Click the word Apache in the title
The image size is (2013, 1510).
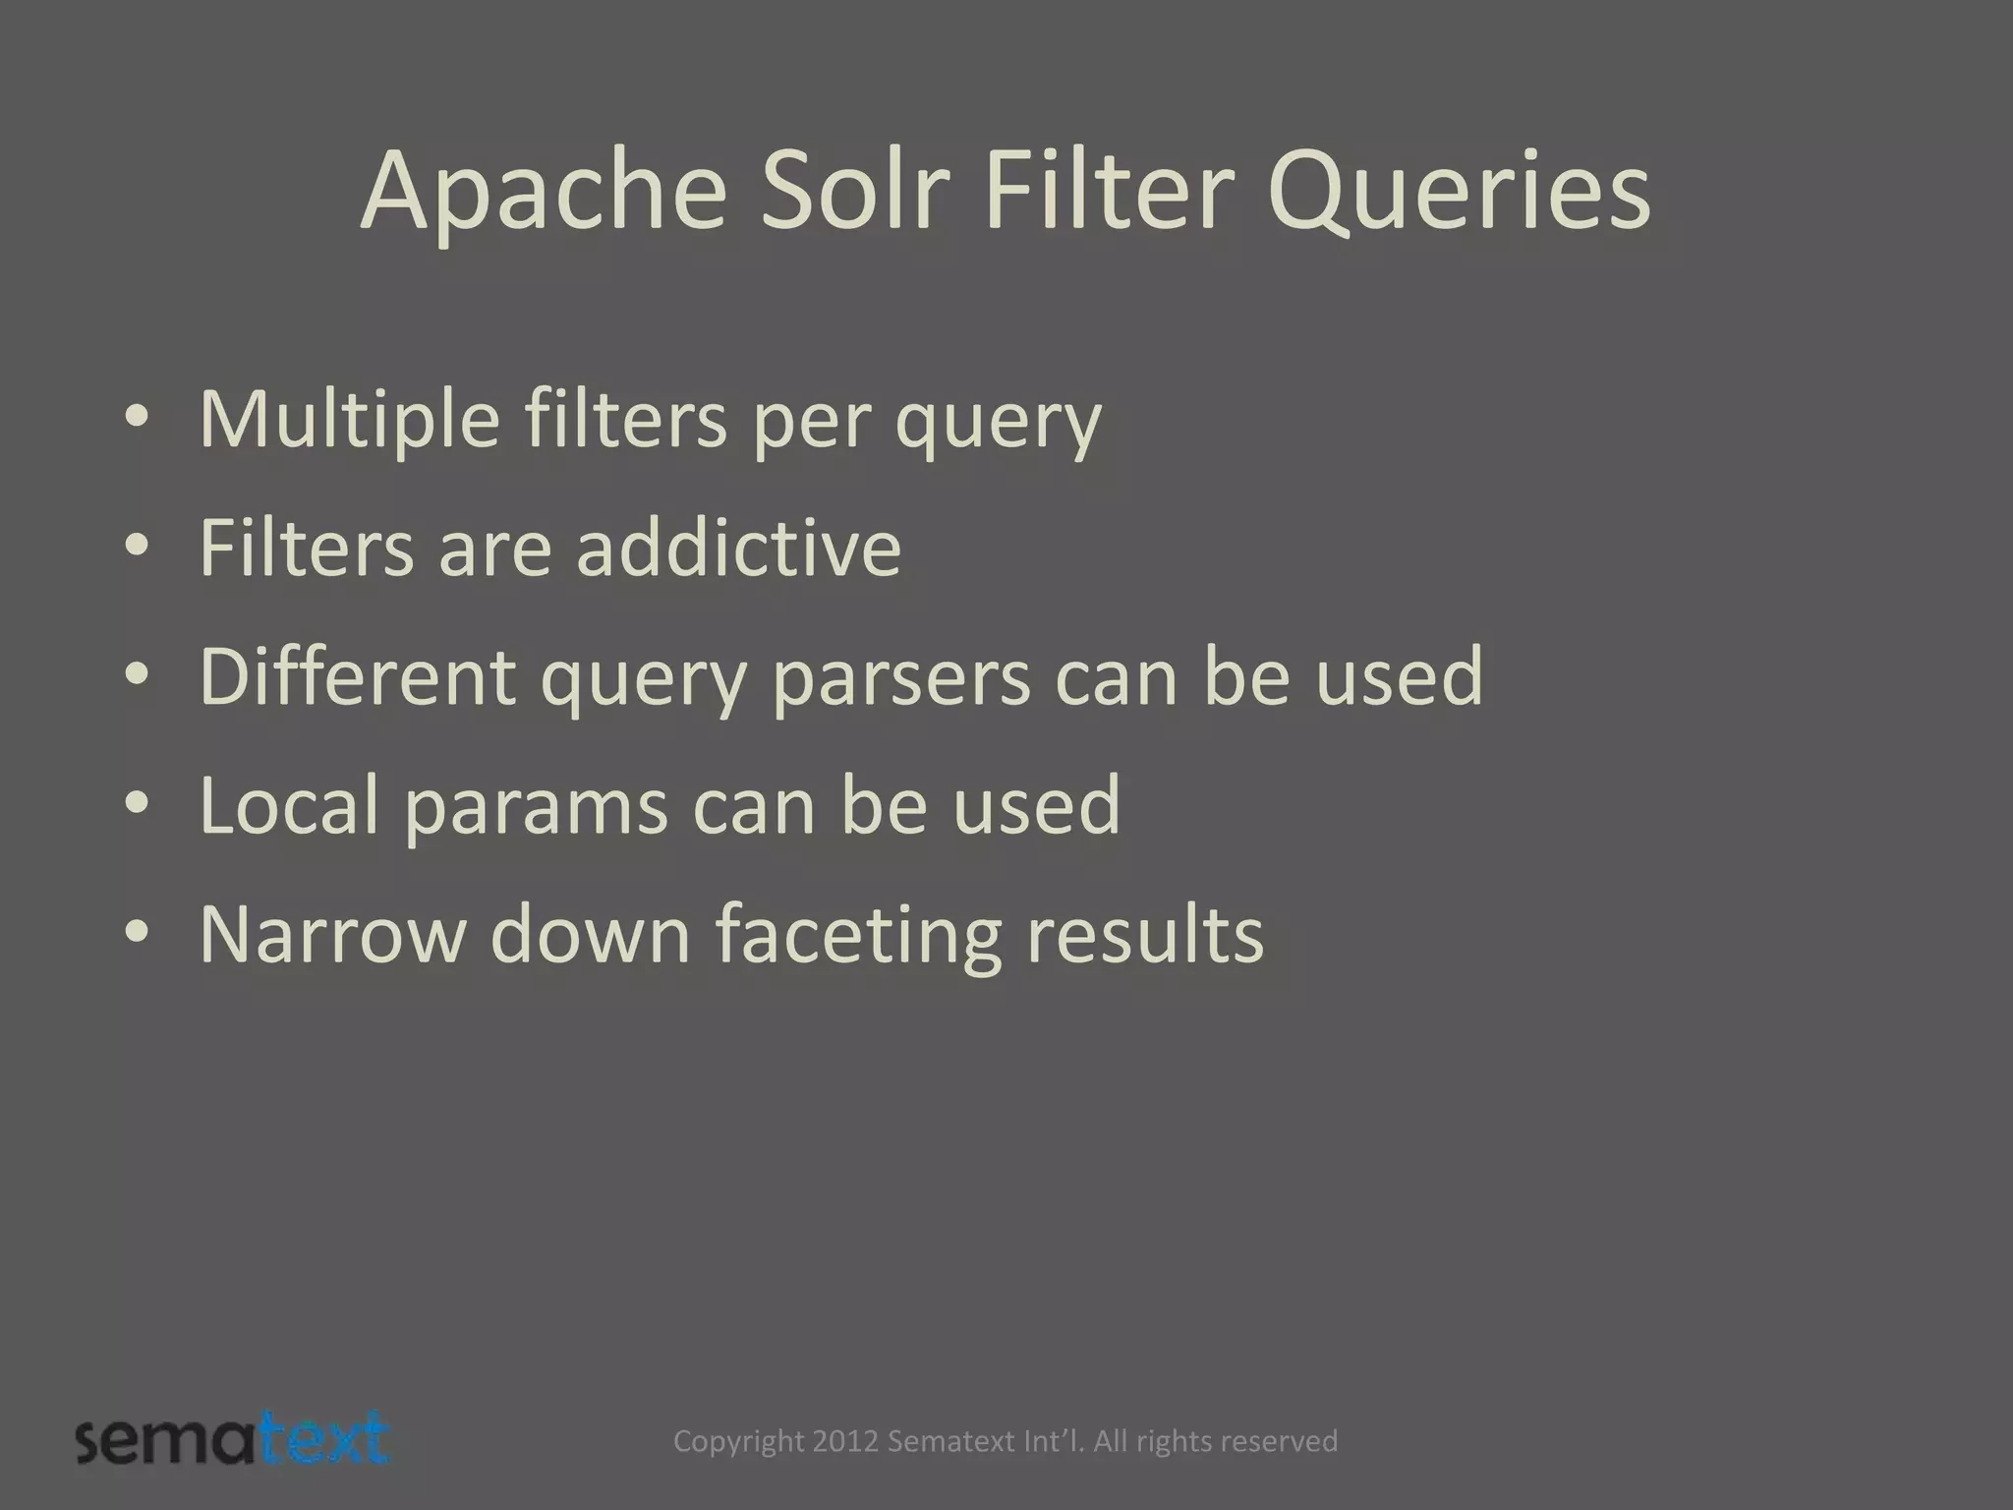pos(544,194)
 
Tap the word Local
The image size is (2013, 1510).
pos(289,805)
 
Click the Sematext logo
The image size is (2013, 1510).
pos(233,1440)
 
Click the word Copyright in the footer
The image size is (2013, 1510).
pos(738,1442)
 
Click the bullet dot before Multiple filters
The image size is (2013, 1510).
pos(137,417)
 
